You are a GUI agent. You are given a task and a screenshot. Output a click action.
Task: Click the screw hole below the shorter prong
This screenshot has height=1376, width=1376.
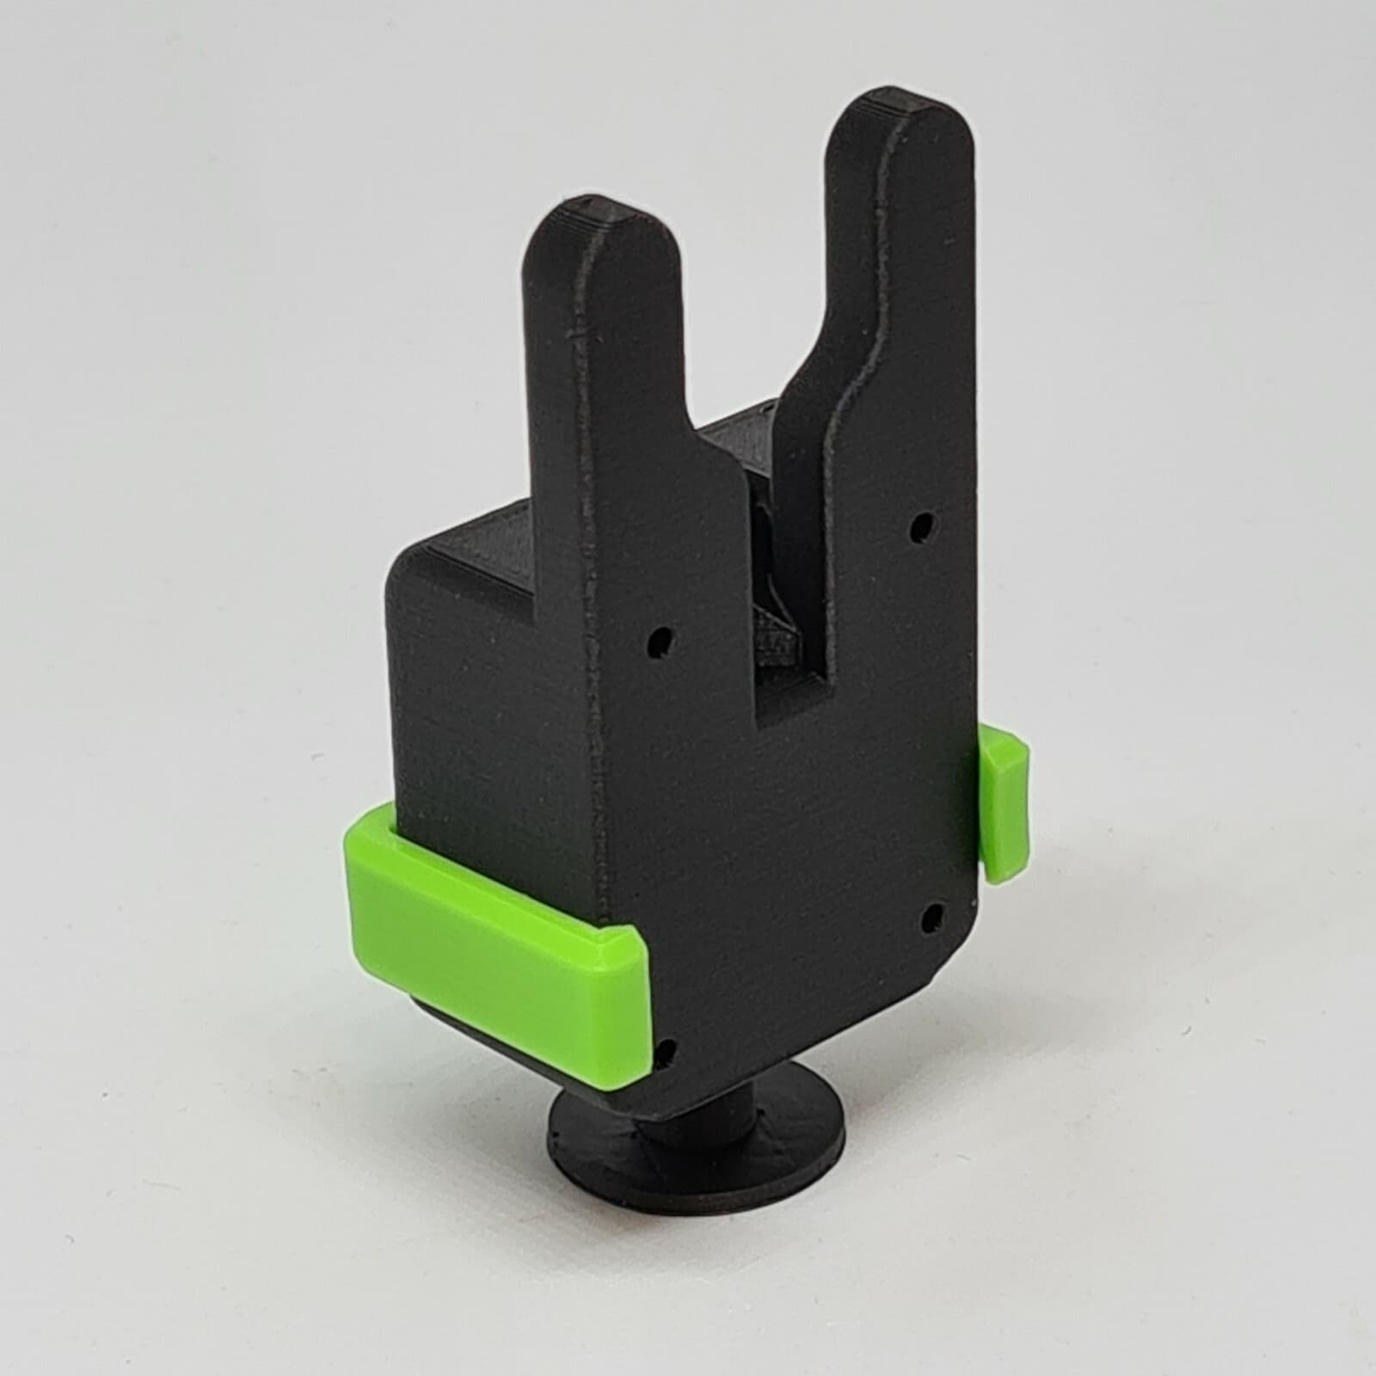pyautogui.click(x=660, y=641)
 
